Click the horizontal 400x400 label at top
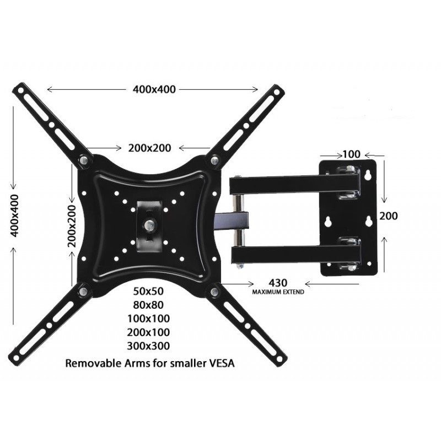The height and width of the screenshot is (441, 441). [154, 89]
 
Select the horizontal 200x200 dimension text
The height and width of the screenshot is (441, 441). [149, 147]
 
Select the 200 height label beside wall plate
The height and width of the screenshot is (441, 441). [389, 216]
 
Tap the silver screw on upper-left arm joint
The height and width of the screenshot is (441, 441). [84, 160]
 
